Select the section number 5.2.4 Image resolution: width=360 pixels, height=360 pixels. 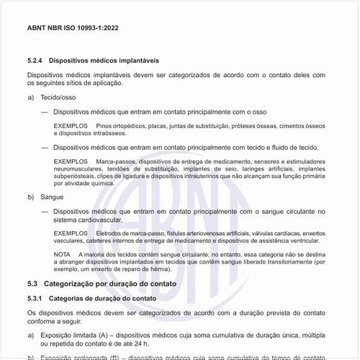pos(36,60)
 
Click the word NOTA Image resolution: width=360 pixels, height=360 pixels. pos(63,255)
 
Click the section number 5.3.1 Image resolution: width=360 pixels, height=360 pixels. pos(36,298)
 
